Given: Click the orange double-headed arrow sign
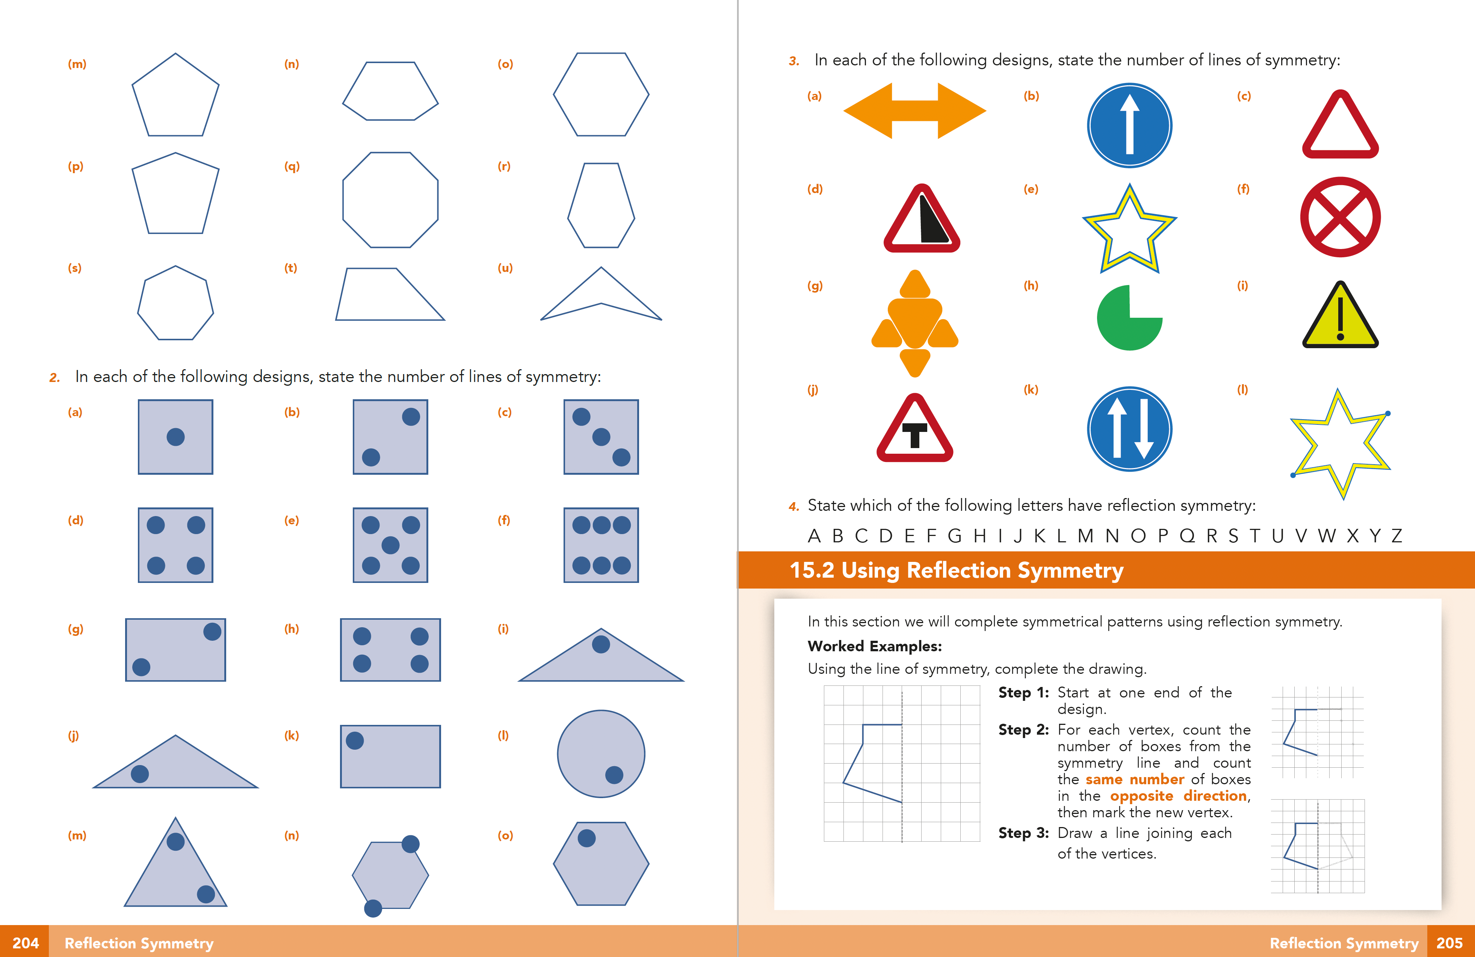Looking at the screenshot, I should [914, 111].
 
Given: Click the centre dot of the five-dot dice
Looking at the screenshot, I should [390, 545].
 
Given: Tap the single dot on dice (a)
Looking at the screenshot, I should [175, 437].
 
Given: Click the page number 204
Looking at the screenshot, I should [26, 943].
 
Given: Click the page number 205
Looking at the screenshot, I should [1449, 943].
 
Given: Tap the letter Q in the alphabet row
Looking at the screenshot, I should [1187, 536].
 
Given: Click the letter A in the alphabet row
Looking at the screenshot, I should [814, 536].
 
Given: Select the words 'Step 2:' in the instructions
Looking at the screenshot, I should [1023, 730].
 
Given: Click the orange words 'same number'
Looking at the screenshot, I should [1134, 779].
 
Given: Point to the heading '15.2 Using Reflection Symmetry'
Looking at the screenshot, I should [956, 570].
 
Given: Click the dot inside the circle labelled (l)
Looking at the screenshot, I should [614, 775].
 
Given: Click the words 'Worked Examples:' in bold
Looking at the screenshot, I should [875, 646].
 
